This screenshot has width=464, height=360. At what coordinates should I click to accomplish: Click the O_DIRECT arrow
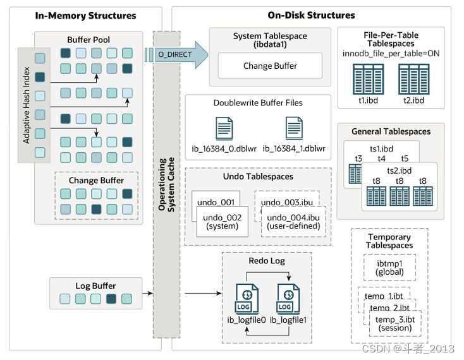(x=176, y=55)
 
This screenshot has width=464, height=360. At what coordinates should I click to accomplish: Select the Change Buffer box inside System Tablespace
(x=270, y=66)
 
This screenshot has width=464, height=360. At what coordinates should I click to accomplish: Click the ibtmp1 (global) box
(x=389, y=267)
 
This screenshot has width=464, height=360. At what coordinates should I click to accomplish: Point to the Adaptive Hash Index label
(x=27, y=105)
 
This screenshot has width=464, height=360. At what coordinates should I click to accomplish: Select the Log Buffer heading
(x=95, y=286)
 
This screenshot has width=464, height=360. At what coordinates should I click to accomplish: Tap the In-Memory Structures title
(x=86, y=15)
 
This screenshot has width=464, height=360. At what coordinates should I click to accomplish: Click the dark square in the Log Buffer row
(x=112, y=299)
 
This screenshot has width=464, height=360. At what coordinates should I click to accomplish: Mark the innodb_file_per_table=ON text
(x=391, y=54)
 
